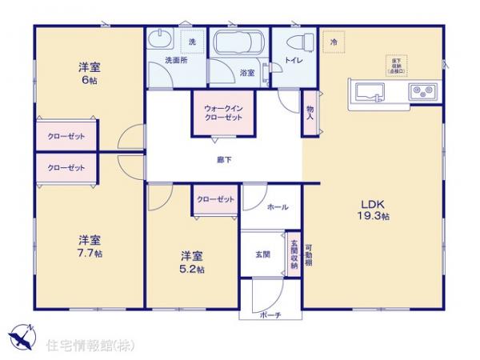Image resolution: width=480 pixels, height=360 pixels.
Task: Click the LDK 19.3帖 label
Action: pos(374,210)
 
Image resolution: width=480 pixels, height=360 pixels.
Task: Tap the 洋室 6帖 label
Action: pos(89,73)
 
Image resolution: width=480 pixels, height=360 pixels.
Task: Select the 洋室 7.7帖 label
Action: pos(90,246)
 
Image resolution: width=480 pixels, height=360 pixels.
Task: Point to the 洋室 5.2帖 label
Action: pos(192,262)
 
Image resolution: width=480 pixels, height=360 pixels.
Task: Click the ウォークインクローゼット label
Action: pos(218,112)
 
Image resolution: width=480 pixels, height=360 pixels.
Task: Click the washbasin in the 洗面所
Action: pos(159,40)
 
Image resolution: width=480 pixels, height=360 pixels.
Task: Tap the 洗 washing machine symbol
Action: pos(191,41)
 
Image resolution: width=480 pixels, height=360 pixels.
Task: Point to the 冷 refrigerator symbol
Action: pos(333,42)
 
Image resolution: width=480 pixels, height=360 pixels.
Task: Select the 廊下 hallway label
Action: pos(224,160)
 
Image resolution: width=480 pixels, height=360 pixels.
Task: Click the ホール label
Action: pos(278,206)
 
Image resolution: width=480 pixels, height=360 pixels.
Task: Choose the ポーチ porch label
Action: pos(270,315)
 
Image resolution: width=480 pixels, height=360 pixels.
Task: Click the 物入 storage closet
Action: pos(309,111)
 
